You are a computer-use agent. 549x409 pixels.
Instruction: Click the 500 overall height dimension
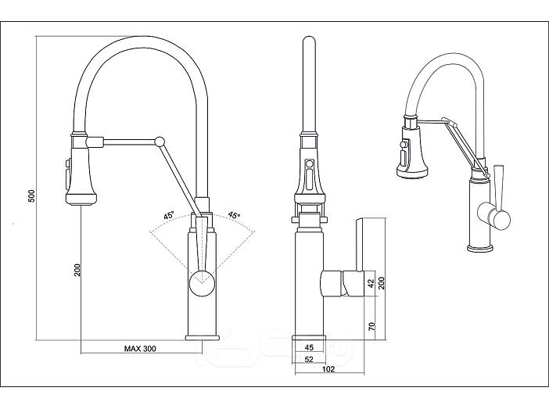tap(31, 195)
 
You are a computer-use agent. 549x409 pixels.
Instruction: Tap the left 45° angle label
tap(168, 215)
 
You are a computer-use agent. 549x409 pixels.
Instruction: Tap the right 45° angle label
tap(234, 215)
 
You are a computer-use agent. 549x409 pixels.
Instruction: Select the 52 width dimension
tap(309, 359)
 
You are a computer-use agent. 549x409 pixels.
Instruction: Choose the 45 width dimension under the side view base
tap(309, 347)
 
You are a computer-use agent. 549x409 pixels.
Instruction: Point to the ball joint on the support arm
tap(160, 141)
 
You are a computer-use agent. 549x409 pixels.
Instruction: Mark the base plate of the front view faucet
tap(203, 337)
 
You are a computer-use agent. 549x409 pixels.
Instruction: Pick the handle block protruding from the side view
tap(341, 283)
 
